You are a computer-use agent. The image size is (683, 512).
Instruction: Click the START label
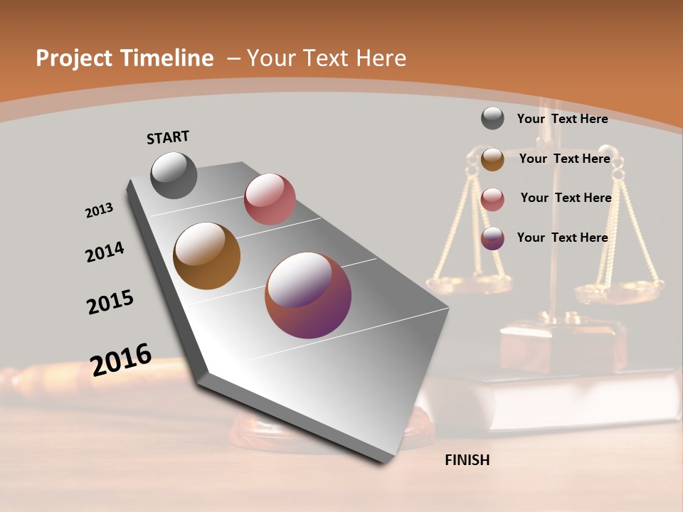[168, 137]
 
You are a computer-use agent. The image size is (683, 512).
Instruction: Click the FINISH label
[467, 460]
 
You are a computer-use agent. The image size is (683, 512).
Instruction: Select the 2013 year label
[99, 210]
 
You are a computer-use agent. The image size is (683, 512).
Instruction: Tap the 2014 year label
[105, 252]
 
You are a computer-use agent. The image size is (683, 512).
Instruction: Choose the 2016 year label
[121, 360]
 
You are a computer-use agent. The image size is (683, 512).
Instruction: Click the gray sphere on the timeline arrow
[174, 175]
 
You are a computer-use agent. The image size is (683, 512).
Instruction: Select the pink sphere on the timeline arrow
[270, 199]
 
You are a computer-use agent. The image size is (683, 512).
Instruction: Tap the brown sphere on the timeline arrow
[207, 256]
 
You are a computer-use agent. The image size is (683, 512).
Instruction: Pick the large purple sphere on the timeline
[308, 295]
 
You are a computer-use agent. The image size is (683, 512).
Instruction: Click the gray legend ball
[492, 118]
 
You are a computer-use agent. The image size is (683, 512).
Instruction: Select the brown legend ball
[492, 159]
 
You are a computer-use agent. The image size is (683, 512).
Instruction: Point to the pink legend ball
[492, 199]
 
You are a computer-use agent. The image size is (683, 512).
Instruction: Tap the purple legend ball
[492, 238]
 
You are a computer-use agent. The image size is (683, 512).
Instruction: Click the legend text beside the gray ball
[562, 119]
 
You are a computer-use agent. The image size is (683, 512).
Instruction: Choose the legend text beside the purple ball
[562, 238]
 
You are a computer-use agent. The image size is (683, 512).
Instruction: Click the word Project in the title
[73, 58]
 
